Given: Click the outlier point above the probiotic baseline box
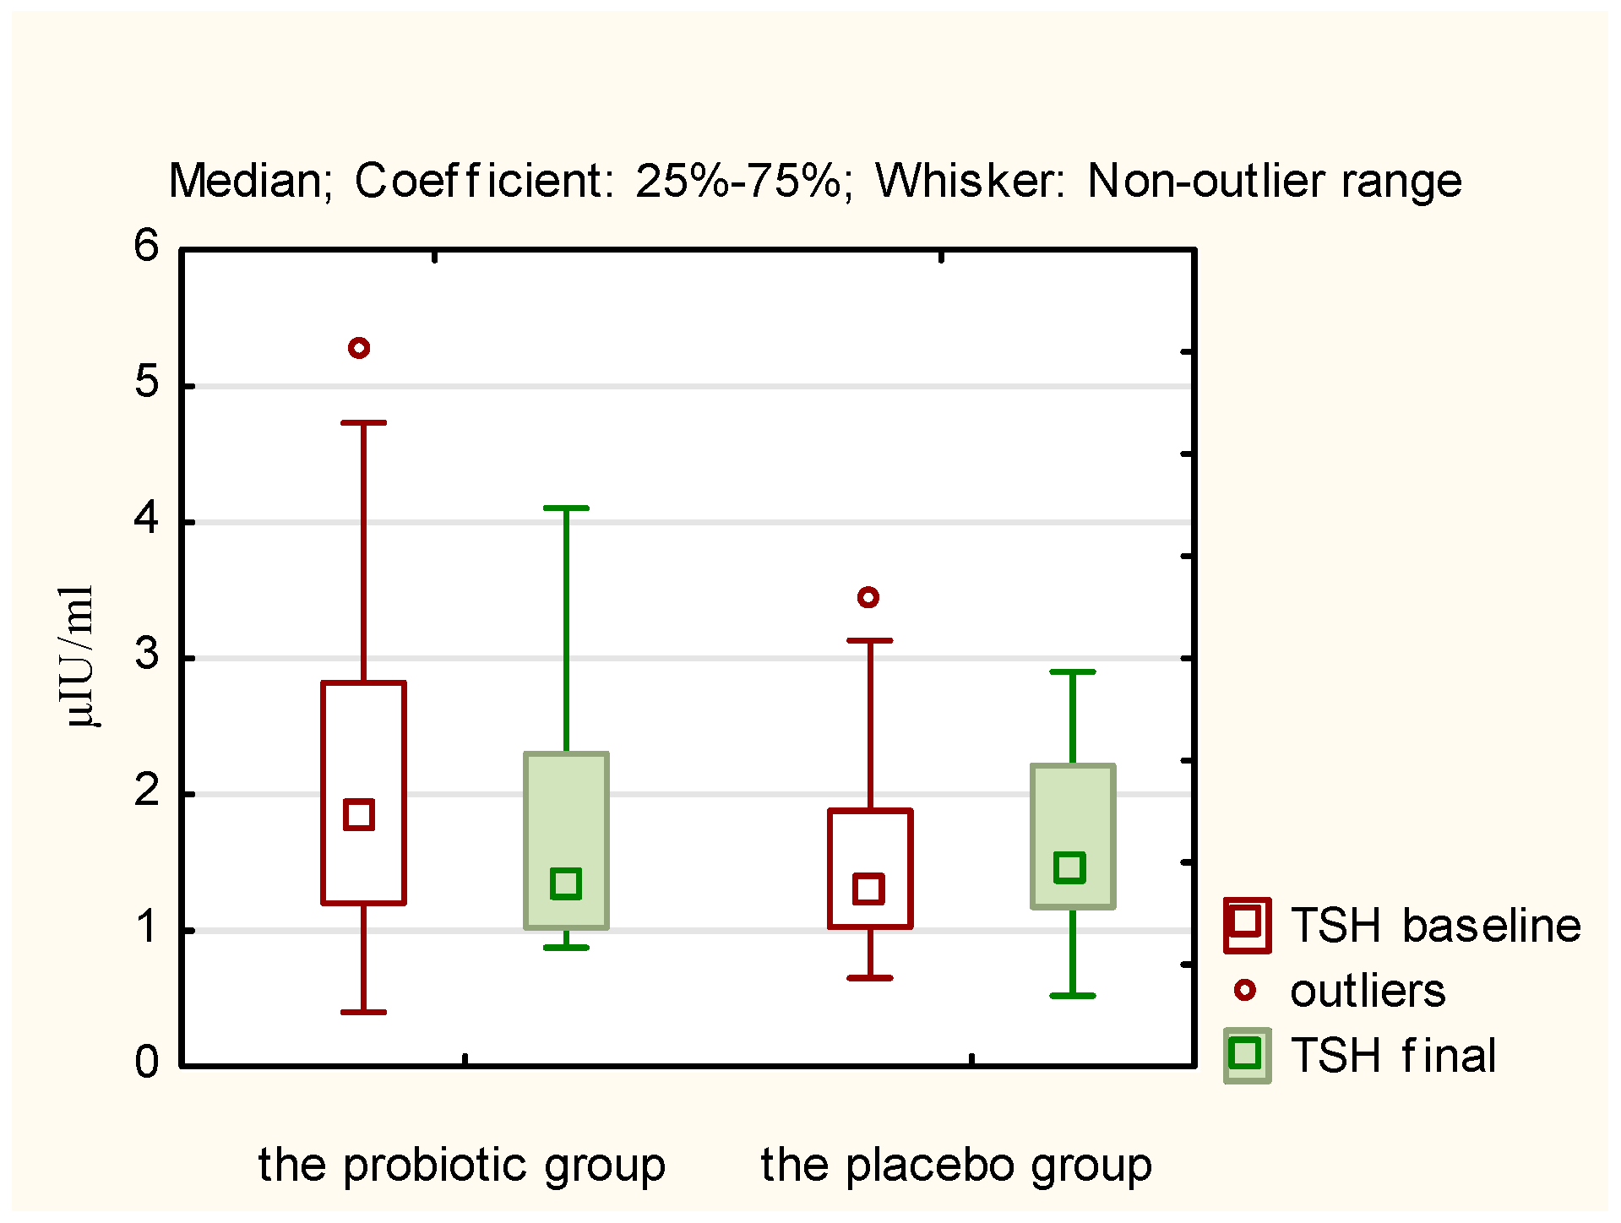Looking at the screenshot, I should pos(359,348).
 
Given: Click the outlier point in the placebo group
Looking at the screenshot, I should pos(868,597).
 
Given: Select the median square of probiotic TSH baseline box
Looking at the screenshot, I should pos(359,814).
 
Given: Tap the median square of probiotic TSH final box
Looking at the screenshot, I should pos(565,883).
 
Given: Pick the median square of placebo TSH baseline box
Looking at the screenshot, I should pos(868,889).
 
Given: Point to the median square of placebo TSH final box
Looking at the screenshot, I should pos(1069,867).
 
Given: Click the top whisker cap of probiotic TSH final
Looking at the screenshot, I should pos(566,508).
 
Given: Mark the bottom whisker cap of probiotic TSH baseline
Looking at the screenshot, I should pos(363,1012).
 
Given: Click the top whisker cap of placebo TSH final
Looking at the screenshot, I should pos(1073,672).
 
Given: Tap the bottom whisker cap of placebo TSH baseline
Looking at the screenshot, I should pos(870,978).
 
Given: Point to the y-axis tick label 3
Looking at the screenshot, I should pos(147,655).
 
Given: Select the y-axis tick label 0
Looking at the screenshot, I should pos(146,1063).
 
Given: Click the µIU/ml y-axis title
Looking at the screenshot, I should pos(77,656).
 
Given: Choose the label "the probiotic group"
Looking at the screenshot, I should pos(461,1165).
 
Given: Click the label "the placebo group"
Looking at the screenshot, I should pos(955,1165).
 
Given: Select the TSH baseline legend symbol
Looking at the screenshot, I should pos(1247,925).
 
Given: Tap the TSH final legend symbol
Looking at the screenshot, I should pos(1247,1055).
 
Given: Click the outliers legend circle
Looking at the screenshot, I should pos(1245,990).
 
